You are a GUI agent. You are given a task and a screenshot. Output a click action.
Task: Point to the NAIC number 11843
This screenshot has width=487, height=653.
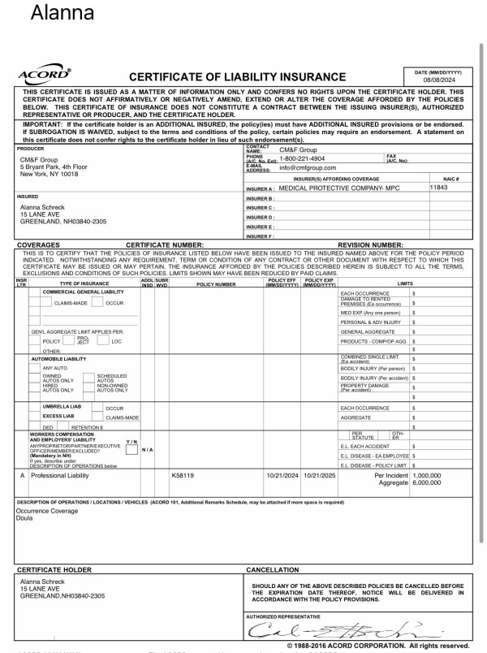(x=439, y=187)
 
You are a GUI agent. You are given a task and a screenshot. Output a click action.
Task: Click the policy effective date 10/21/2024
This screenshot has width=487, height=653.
(x=282, y=475)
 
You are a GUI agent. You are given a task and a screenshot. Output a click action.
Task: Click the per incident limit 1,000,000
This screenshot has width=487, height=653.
(x=427, y=475)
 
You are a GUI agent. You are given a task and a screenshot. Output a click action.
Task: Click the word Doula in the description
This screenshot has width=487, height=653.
(x=27, y=517)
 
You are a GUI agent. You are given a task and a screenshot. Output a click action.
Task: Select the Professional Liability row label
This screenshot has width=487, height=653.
(x=59, y=475)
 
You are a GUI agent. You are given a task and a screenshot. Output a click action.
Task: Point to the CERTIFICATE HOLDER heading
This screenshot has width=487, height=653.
(x=55, y=570)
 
